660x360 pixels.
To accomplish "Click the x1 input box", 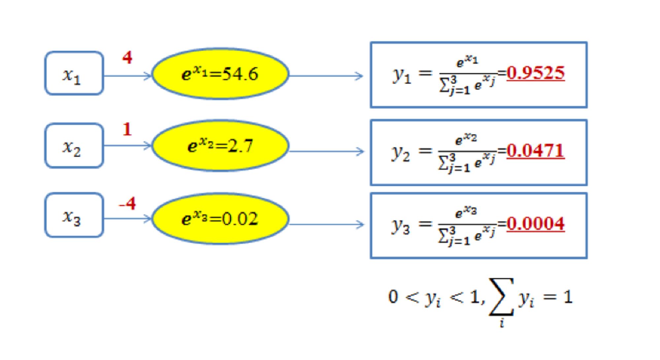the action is point(74,73).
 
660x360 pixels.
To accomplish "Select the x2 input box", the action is point(74,146).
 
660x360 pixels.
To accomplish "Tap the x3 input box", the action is point(74,215).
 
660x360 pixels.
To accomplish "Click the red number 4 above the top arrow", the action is point(127,58).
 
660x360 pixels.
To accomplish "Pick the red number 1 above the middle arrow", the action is point(127,129).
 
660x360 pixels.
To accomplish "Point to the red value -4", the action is point(127,203).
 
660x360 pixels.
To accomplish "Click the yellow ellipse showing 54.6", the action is point(220,74).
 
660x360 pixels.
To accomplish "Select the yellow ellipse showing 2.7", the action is point(220,146).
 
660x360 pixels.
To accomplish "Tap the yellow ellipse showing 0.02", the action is point(220,218).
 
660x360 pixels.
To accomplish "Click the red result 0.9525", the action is point(536,73).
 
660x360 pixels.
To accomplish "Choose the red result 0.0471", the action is point(535,151).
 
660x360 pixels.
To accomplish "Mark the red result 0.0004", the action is point(536,224).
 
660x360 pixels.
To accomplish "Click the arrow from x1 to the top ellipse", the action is point(127,76).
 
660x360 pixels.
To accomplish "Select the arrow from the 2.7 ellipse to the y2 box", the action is point(326,152).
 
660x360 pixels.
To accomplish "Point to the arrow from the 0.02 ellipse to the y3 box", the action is point(326,225).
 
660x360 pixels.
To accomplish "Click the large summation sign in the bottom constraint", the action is point(501,296).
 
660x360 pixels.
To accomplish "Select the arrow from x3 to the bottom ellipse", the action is point(127,218).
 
